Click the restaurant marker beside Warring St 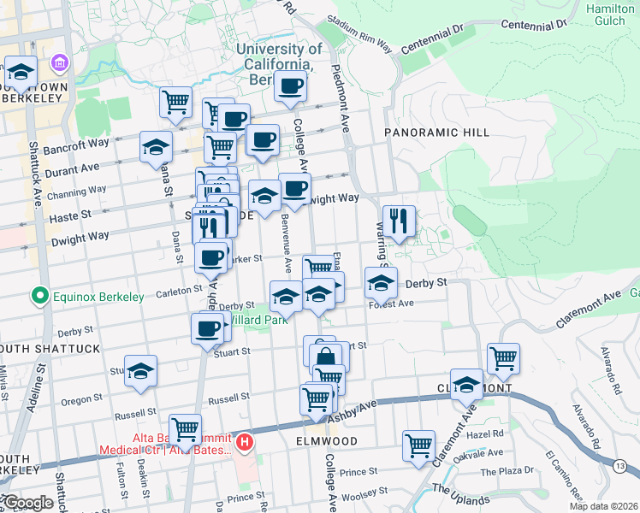tap(399, 222)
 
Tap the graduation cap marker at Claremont tap(466, 386)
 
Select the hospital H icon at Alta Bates tap(245, 442)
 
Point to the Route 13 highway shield tap(619, 464)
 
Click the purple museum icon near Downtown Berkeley tap(58, 63)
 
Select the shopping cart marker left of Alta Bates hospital tap(185, 429)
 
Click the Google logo tap(27, 503)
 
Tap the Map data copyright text tap(604, 506)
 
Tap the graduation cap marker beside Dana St tap(156, 147)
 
